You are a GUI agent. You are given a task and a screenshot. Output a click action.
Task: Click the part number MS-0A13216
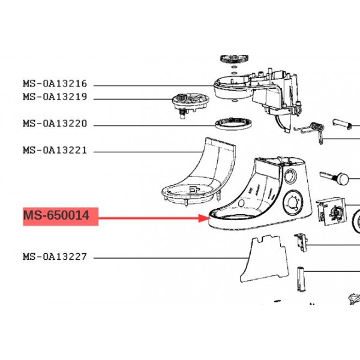(55, 85)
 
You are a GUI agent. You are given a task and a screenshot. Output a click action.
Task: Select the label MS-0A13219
(55, 97)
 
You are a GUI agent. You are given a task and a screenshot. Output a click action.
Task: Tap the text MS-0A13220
(55, 124)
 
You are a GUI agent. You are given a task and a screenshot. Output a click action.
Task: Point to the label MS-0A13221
(55, 150)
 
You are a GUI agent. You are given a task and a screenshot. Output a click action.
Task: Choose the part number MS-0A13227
(55, 257)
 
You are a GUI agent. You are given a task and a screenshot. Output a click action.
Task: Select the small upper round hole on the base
(290, 176)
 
